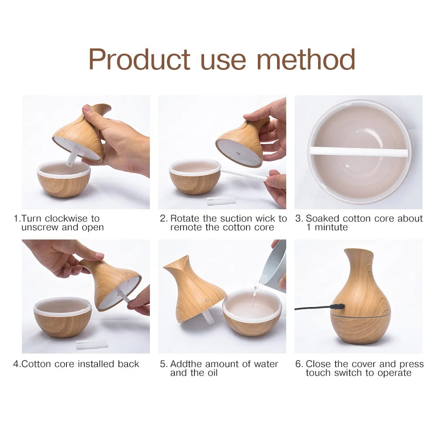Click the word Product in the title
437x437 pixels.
click(x=139, y=59)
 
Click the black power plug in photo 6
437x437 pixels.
click(x=338, y=307)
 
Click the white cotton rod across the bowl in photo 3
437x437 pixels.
click(x=358, y=152)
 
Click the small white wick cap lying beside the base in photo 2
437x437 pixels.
click(x=221, y=201)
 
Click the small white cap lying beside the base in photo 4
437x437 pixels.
click(x=91, y=344)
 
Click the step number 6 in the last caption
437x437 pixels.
click(x=298, y=364)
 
